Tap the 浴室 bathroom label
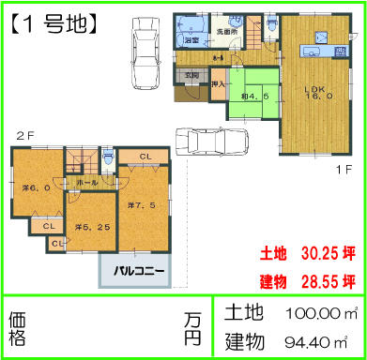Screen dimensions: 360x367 click(x=190, y=41)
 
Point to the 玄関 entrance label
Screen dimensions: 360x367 click(x=191, y=74)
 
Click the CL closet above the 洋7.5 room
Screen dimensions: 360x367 click(x=147, y=157)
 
